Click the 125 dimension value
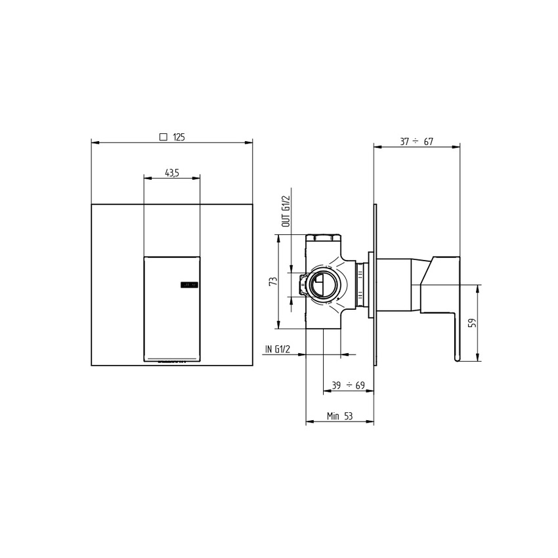179,137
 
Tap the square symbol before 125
163,137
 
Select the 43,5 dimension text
172,173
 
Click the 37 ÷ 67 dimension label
416,142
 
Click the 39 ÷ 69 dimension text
347,386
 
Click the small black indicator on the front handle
188,285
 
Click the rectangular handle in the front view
171,309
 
